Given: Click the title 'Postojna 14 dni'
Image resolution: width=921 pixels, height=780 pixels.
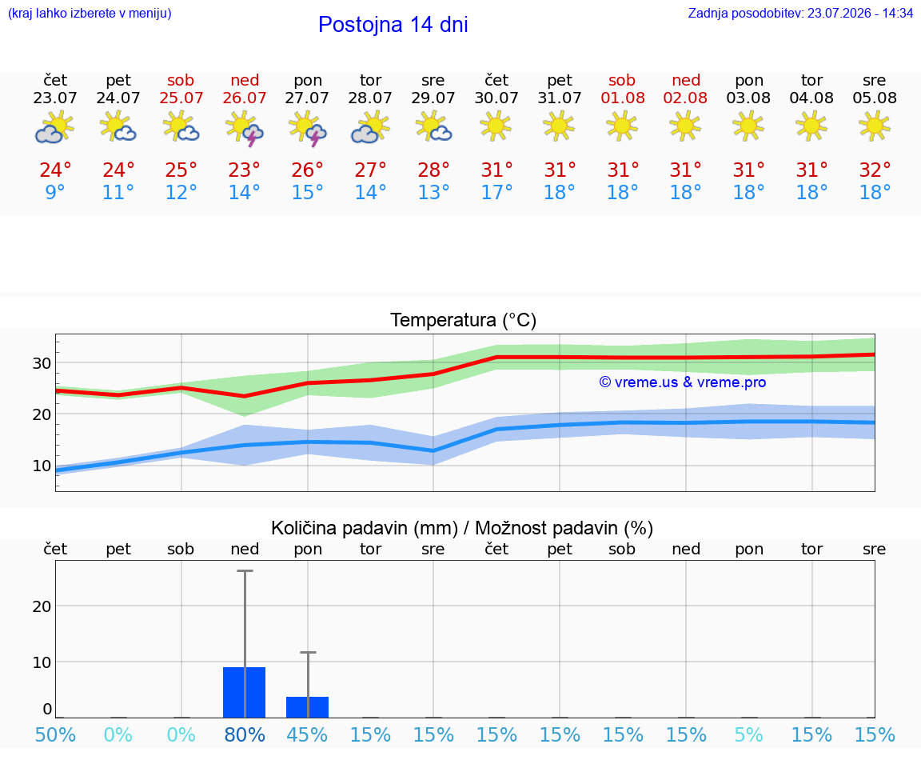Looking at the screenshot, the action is click(x=393, y=25).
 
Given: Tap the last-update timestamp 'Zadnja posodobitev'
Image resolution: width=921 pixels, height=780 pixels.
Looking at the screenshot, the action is click(x=800, y=13).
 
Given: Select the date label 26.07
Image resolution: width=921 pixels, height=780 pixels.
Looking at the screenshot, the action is click(x=245, y=98).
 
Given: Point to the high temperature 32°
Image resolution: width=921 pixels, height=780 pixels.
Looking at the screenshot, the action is click(x=875, y=170).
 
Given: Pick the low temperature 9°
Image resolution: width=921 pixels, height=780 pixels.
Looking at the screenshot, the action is click(x=54, y=192).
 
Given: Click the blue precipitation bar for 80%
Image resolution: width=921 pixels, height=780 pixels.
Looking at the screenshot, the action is click(x=245, y=693).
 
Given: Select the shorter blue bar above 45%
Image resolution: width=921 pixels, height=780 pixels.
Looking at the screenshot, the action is click(x=307, y=707).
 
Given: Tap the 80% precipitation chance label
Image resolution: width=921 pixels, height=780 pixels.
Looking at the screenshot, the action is click(x=245, y=734).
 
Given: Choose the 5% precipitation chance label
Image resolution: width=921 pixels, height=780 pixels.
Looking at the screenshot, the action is click(x=748, y=734).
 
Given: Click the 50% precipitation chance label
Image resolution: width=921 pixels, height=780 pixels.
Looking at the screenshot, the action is click(x=55, y=734).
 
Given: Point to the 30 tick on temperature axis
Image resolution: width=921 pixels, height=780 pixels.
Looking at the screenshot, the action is click(x=42, y=363).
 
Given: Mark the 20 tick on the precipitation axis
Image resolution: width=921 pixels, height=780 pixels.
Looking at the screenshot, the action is click(x=42, y=606).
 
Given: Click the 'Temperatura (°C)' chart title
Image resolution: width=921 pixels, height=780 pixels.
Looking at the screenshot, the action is click(x=464, y=320).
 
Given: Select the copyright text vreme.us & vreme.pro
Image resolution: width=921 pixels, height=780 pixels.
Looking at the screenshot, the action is click(x=683, y=382).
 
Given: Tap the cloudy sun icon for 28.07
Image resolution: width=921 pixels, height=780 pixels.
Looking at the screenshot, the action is click(x=370, y=129).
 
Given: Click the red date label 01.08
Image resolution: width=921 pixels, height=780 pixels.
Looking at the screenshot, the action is click(x=623, y=98).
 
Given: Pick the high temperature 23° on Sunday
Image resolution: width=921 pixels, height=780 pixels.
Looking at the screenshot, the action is click(x=244, y=170).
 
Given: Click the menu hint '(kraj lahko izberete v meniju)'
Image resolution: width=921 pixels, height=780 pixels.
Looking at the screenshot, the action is click(x=90, y=13).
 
